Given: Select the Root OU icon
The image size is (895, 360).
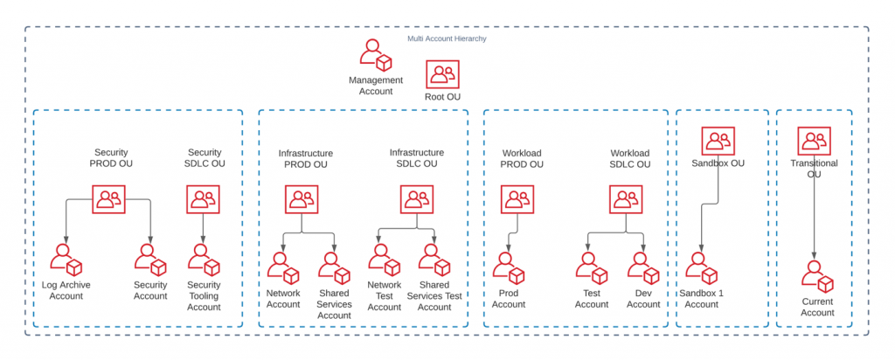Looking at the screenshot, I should point(442,74).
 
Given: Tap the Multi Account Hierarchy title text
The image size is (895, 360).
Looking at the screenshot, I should point(447,38).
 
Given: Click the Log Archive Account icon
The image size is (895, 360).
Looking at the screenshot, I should point(66,260).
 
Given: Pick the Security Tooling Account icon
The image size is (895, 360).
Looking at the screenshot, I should point(204,260).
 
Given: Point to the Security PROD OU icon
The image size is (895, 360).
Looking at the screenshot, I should point(109,199).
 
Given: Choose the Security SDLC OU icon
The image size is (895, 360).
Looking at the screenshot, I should point(204,199).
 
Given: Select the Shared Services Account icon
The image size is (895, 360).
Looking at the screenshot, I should point(334,267).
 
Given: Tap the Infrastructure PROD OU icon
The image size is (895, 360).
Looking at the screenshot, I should point(302,200).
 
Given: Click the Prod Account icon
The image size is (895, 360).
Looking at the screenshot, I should point(508,267).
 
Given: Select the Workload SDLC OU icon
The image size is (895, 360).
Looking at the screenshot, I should point(628,200).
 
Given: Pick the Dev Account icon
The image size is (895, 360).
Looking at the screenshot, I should point(642,267).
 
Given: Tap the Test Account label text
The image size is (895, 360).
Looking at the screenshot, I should point(591,299).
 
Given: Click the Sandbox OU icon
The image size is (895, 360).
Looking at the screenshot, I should point(718,140).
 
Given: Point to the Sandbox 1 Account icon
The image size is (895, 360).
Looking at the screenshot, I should point(702,267).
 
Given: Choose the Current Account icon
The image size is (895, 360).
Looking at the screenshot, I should point(817,276).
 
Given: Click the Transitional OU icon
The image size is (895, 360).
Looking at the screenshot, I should point(814,140).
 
